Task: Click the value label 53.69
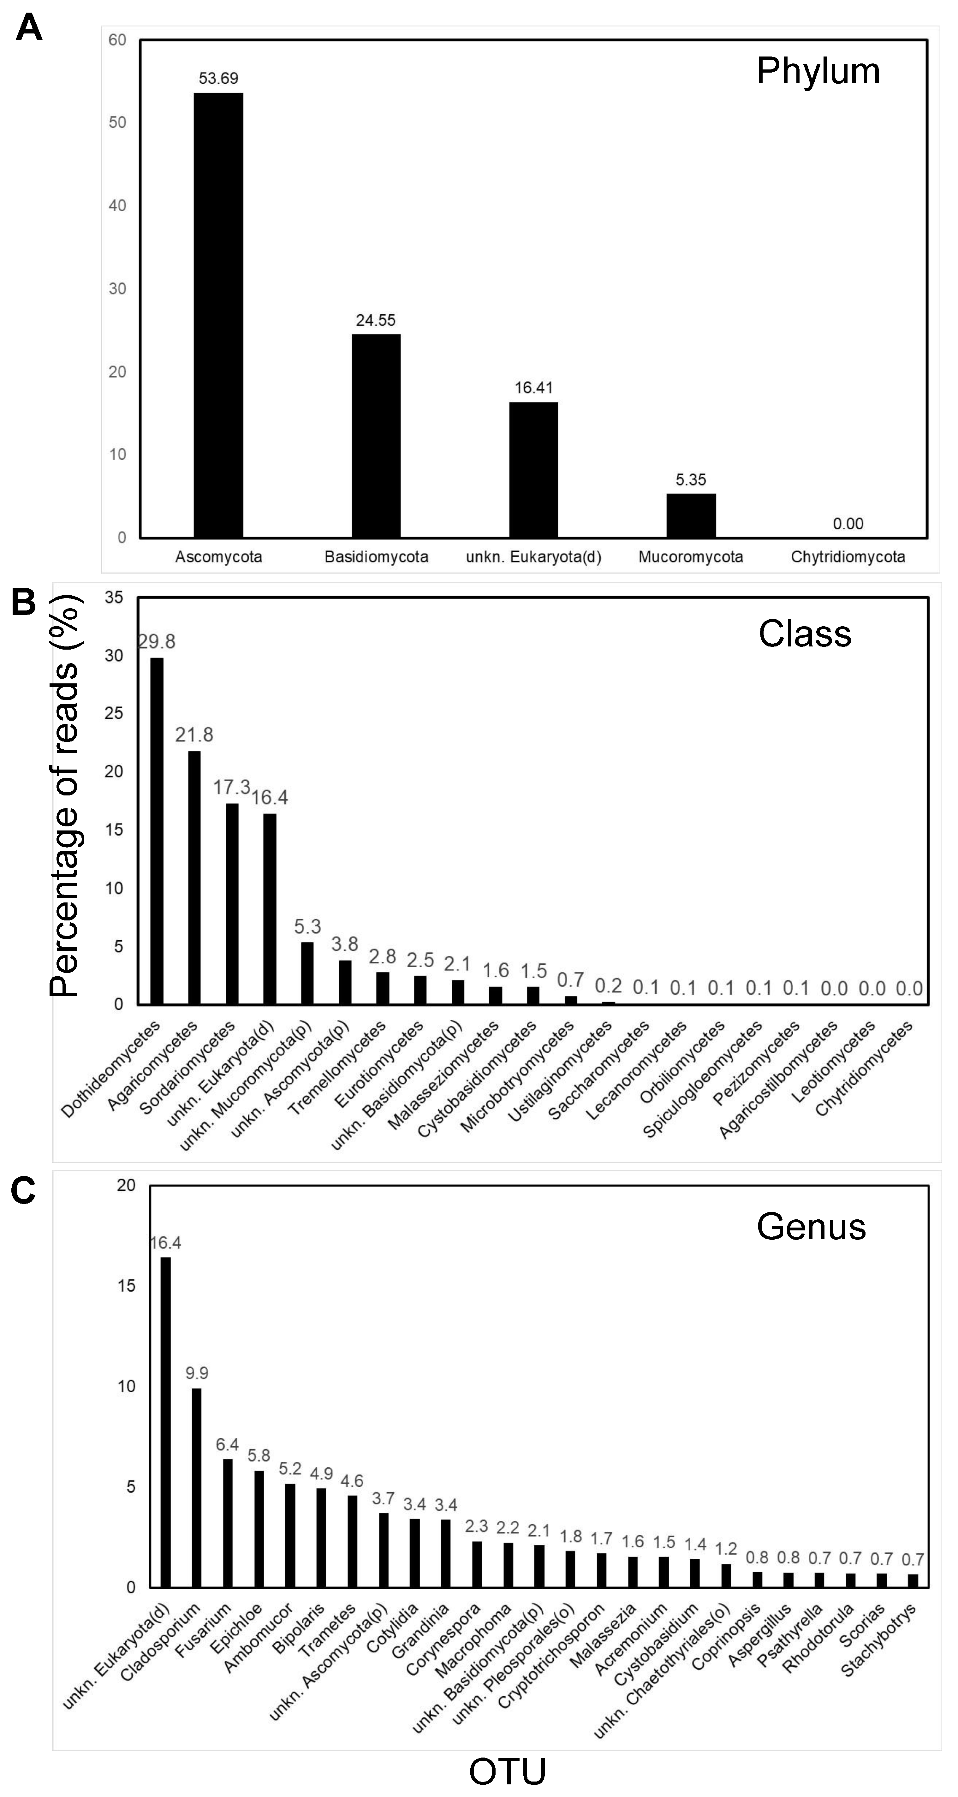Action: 218,78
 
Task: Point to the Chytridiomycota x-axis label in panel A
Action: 848,557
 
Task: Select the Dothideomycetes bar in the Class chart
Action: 157,830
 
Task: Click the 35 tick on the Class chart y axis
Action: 114,597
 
